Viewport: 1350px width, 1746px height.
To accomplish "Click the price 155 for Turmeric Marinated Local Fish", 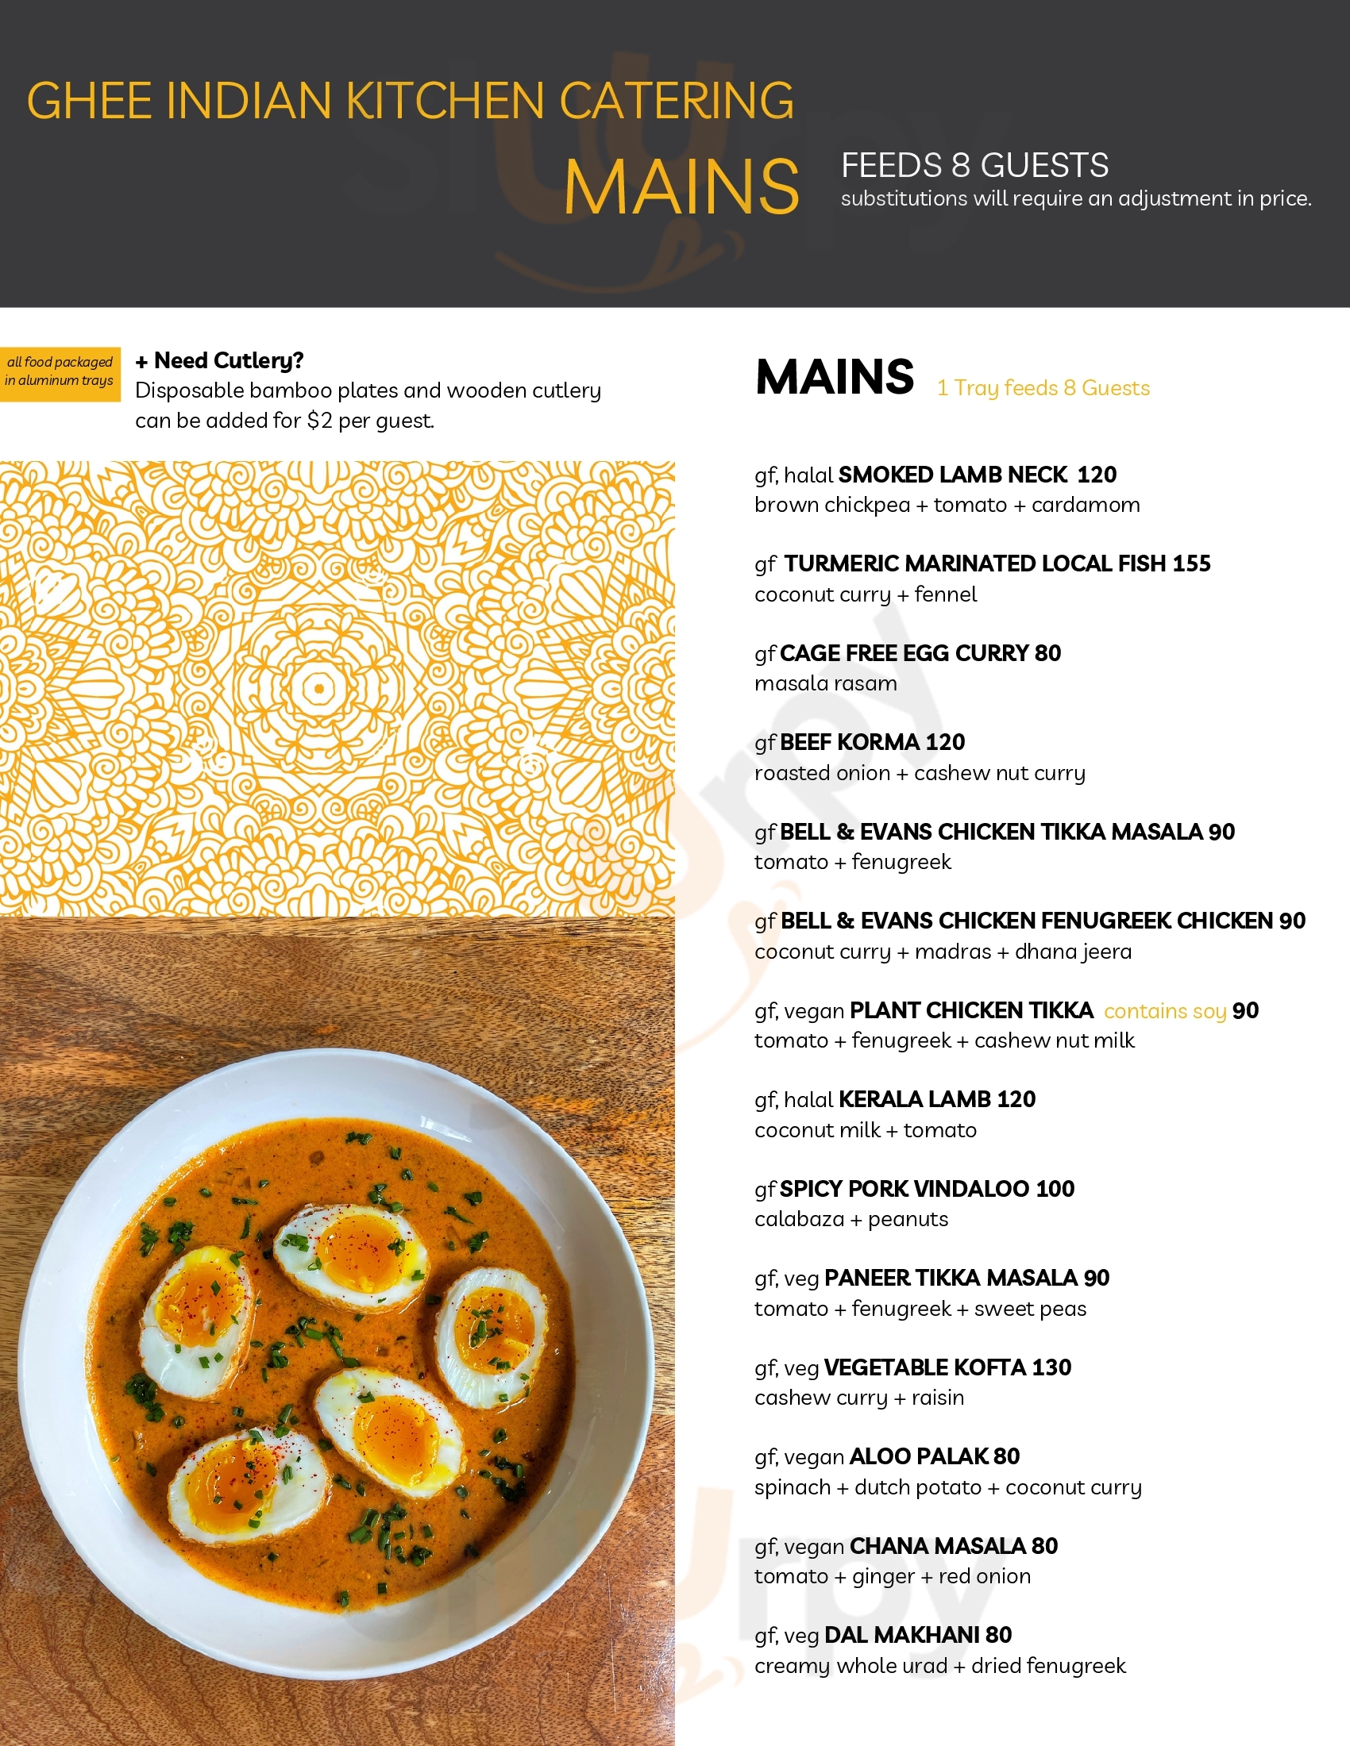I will point(1192,563).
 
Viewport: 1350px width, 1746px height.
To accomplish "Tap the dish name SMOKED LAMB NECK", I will point(952,475).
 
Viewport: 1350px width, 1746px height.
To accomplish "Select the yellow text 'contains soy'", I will point(1164,1011).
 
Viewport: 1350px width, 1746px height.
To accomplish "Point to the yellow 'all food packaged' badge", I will point(60,371).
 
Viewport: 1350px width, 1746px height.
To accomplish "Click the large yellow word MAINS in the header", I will point(681,188).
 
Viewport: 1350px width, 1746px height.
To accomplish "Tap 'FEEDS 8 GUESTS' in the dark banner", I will point(974,166).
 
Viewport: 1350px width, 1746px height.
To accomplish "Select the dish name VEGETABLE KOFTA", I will point(924,1368).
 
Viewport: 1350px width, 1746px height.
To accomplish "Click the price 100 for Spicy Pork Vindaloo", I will point(1055,1189).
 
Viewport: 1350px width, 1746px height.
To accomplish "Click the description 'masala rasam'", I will point(825,683).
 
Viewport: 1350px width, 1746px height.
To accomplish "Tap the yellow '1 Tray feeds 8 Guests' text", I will point(1043,389).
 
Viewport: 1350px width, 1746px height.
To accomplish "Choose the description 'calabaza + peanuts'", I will point(851,1219).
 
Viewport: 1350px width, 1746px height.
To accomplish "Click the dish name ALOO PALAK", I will point(918,1456).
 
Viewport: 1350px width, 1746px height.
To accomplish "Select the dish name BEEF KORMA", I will point(850,743).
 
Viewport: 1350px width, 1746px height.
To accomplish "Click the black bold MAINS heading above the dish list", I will point(834,377).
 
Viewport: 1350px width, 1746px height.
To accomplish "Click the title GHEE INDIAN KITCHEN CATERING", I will point(411,101).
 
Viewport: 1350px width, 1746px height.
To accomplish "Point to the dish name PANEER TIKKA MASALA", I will point(950,1279).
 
